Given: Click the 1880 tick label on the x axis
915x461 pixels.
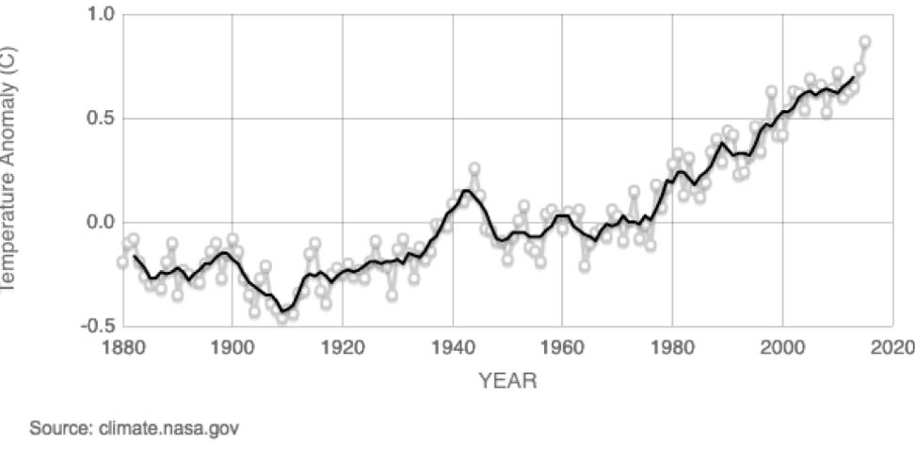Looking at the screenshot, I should (x=122, y=346).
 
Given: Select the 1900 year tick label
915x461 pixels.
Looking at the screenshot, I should (x=232, y=346).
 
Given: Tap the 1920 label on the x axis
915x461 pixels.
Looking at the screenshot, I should (x=342, y=346).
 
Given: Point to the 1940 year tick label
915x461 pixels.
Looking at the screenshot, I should (x=452, y=346).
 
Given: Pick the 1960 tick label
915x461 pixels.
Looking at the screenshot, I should (x=562, y=346).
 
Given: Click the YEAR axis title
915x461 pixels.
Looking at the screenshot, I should (x=507, y=381).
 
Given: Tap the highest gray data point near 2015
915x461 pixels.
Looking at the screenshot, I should (x=864, y=42).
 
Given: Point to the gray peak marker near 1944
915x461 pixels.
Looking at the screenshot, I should (x=474, y=168).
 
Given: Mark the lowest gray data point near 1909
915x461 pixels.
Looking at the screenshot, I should (x=282, y=318).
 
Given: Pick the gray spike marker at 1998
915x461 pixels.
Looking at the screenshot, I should (x=771, y=92).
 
